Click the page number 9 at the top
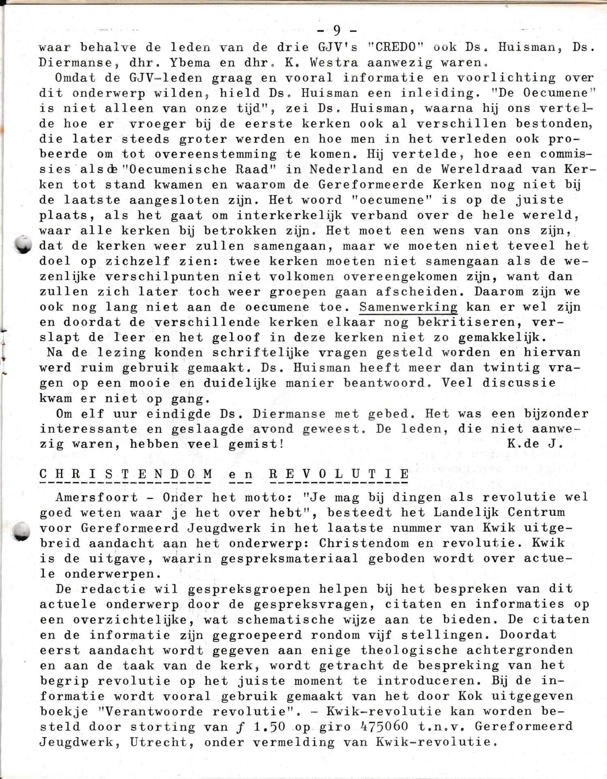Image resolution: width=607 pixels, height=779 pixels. (x=336, y=30)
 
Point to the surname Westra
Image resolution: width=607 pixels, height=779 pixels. (x=335, y=63)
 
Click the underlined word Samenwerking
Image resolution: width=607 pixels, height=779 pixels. (x=408, y=307)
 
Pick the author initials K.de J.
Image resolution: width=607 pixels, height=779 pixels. (x=535, y=444)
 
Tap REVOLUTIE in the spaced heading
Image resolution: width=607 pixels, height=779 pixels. (x=339, y=474)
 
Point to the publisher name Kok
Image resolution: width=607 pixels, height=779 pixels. (x=470, y=696)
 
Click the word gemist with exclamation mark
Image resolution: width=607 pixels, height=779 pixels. (x=256, y=444)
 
